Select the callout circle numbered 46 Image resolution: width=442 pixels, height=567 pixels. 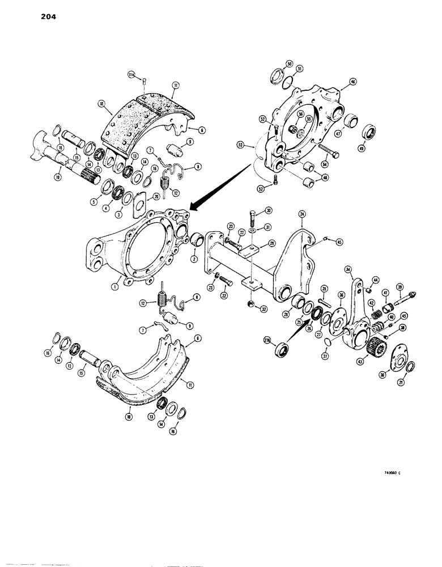(354, 82)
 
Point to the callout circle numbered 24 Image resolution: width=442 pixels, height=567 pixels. (302, 215)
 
